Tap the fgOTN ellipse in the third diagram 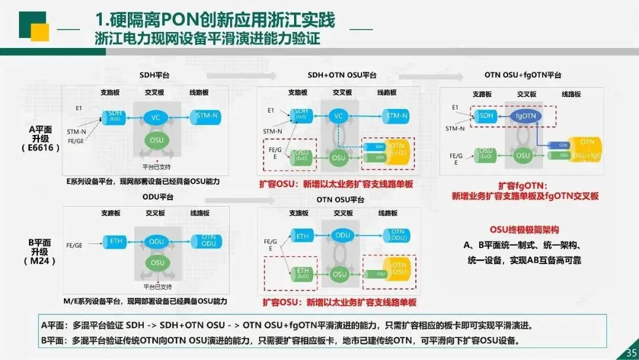(525, 117)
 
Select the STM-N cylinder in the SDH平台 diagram (206, 117)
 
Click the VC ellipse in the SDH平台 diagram (156, 117)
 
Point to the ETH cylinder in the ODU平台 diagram (115, 241)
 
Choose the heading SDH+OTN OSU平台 (342, 75)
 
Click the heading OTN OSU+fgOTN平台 (522, 75)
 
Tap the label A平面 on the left (40, 130)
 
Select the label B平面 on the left (40, 243)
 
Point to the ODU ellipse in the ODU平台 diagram (157, 241)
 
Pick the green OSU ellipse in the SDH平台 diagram (156, 140)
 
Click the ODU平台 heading (157, 197)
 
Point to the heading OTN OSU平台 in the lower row (341, 200)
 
